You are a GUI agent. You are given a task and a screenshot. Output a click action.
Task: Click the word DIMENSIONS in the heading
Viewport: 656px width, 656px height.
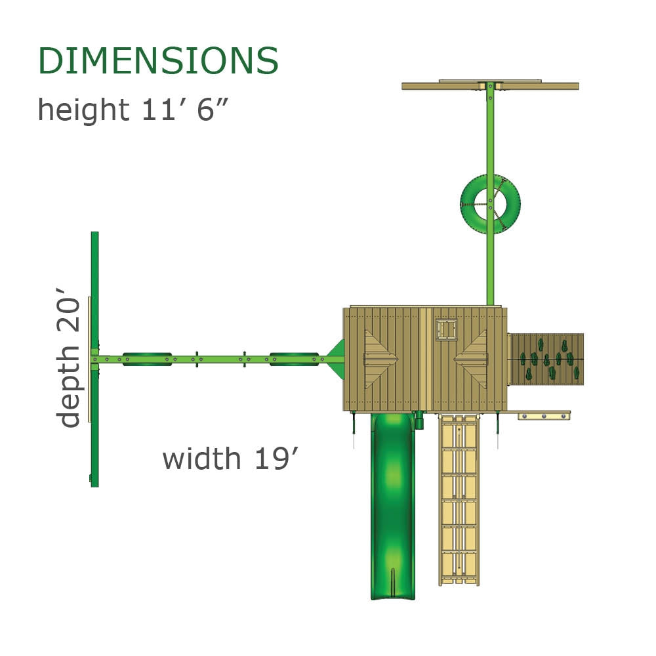158,61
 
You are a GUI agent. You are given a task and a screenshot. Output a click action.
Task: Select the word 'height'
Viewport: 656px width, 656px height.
83,110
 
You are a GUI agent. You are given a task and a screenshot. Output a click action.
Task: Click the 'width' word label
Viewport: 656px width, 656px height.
201,458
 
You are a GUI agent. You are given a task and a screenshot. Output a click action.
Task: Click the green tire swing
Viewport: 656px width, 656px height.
490,204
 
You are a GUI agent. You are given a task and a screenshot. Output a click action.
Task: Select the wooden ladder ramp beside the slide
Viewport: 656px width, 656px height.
459,499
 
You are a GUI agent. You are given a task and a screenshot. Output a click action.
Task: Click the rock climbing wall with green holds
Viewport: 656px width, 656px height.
546,359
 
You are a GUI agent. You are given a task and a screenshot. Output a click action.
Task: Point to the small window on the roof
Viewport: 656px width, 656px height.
446,329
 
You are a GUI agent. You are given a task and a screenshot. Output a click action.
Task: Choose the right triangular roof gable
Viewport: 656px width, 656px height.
472,358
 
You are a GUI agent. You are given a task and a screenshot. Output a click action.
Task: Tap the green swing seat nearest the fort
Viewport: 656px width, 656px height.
295,358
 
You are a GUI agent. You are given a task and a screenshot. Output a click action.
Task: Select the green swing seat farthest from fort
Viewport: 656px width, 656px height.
148,358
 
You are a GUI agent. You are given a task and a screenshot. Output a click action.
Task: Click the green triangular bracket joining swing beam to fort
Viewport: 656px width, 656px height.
337,359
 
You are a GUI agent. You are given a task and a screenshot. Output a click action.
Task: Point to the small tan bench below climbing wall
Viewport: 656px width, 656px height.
544,415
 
